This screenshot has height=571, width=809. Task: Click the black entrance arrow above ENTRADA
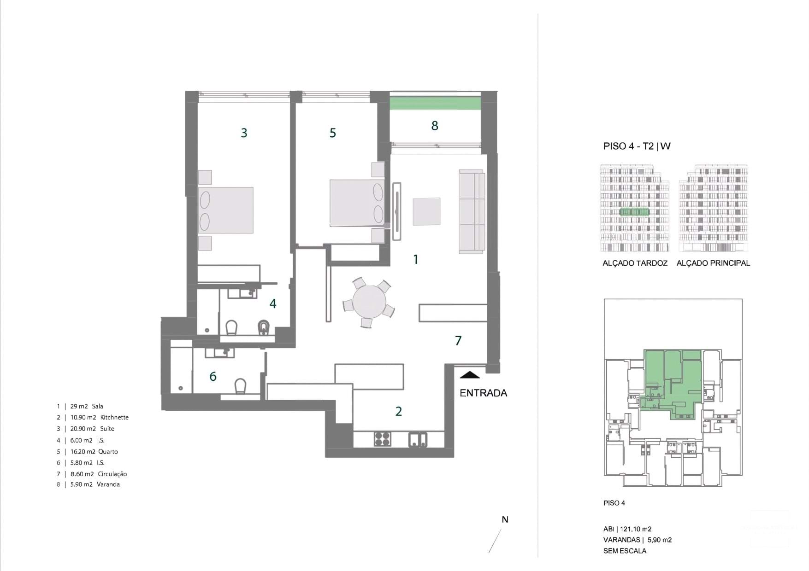click(x=470, y=375)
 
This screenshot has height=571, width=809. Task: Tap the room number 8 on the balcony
click(x=434, y=126)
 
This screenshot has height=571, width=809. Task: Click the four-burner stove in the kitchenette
click(x=382, y=438)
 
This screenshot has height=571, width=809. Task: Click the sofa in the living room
click(x=472, y=211)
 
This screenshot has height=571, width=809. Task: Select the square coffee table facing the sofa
click(x=426, y=211)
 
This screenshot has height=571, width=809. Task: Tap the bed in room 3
click(x=225, y=210)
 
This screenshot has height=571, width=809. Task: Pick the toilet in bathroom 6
click(x=240, y=386)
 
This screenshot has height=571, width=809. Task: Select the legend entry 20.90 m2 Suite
click(x=92, y=429)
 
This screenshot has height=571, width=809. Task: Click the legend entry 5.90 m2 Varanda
click(x=94, y=484)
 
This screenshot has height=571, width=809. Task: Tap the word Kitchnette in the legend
click(x=114, y=418)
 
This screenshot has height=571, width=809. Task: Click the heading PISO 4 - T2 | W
click(x=637, y=146)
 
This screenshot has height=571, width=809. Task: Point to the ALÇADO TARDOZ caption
click(x=635, y=263)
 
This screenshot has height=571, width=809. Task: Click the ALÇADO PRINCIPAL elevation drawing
click(x=713, y=208)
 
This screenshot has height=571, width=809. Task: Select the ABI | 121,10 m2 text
click(x=627, y=529)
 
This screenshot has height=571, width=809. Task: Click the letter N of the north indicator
click(x=505, y=519)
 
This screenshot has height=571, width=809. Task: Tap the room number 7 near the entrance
click(x=458, y=341)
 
